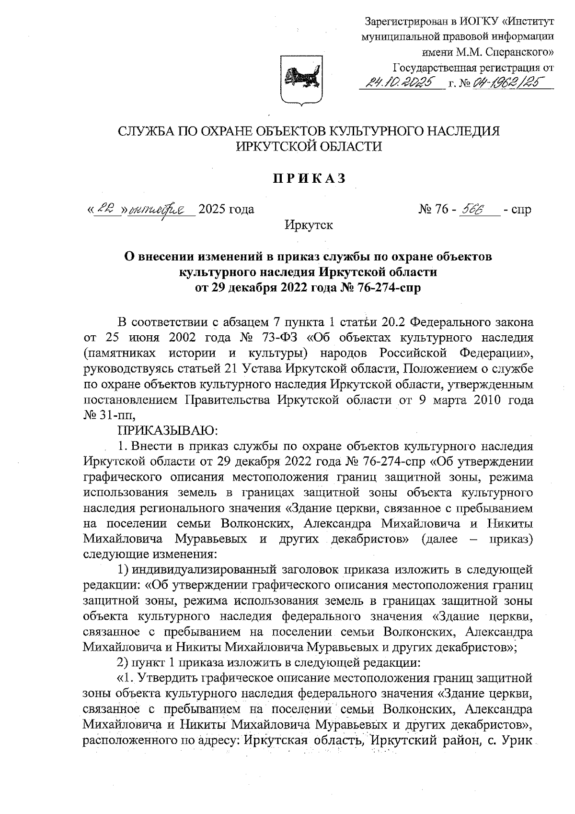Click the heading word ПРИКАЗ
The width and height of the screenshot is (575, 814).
pos(309,178)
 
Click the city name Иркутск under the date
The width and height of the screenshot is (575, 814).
pos(309,224)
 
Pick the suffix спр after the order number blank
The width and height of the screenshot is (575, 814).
pos(521,210)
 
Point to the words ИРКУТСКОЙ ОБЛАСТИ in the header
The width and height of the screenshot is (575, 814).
pos(309,146)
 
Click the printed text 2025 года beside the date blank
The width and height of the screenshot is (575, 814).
pos(226,209)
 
